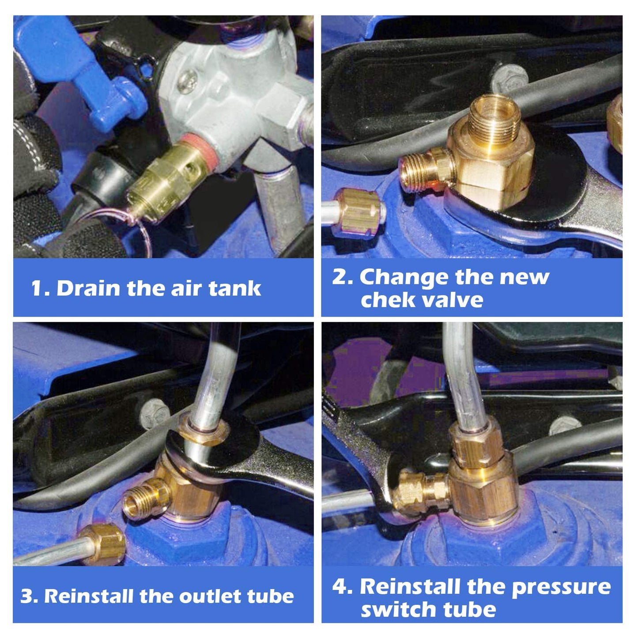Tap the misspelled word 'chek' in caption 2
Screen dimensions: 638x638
pos(382,300)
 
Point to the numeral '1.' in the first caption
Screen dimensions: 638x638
pos(40,289)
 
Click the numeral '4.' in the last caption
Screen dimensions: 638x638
pos(342,587)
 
